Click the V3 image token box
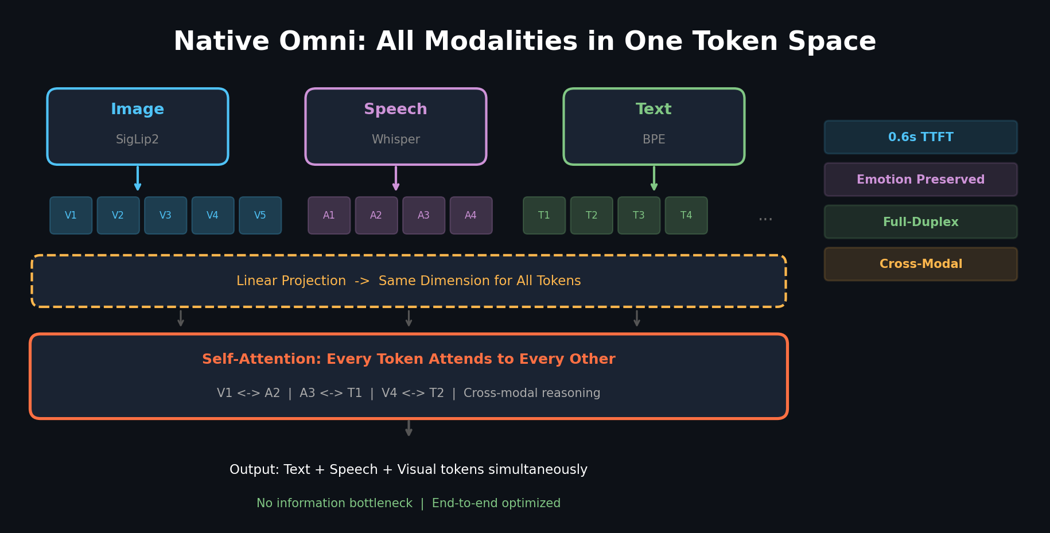click(x=165, y=215)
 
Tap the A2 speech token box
click(x=376, y=215)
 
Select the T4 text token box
click(x=686, y=215)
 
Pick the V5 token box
click(x=260, y=215)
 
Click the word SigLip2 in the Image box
click(x=137, y=139)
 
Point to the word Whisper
click(x=395, y=139)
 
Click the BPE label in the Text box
click(x=654, y=139)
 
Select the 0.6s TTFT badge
click(x=920, y=137)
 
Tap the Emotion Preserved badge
click(x=920, y=180)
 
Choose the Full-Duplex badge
click(x=920, y=222)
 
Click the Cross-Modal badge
click(x=920, y=264)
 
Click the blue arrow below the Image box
click(x=138, y=178)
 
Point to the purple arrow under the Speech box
click(x=396, y=178)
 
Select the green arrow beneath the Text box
click(x=654, y=178)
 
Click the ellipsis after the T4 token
click(x=765, y=219)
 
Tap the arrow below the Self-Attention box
click(x=409, y=428)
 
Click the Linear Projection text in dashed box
click(x=291, y=281)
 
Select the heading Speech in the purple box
click(x=395, y=109)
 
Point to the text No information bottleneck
click(x=335, y=503)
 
